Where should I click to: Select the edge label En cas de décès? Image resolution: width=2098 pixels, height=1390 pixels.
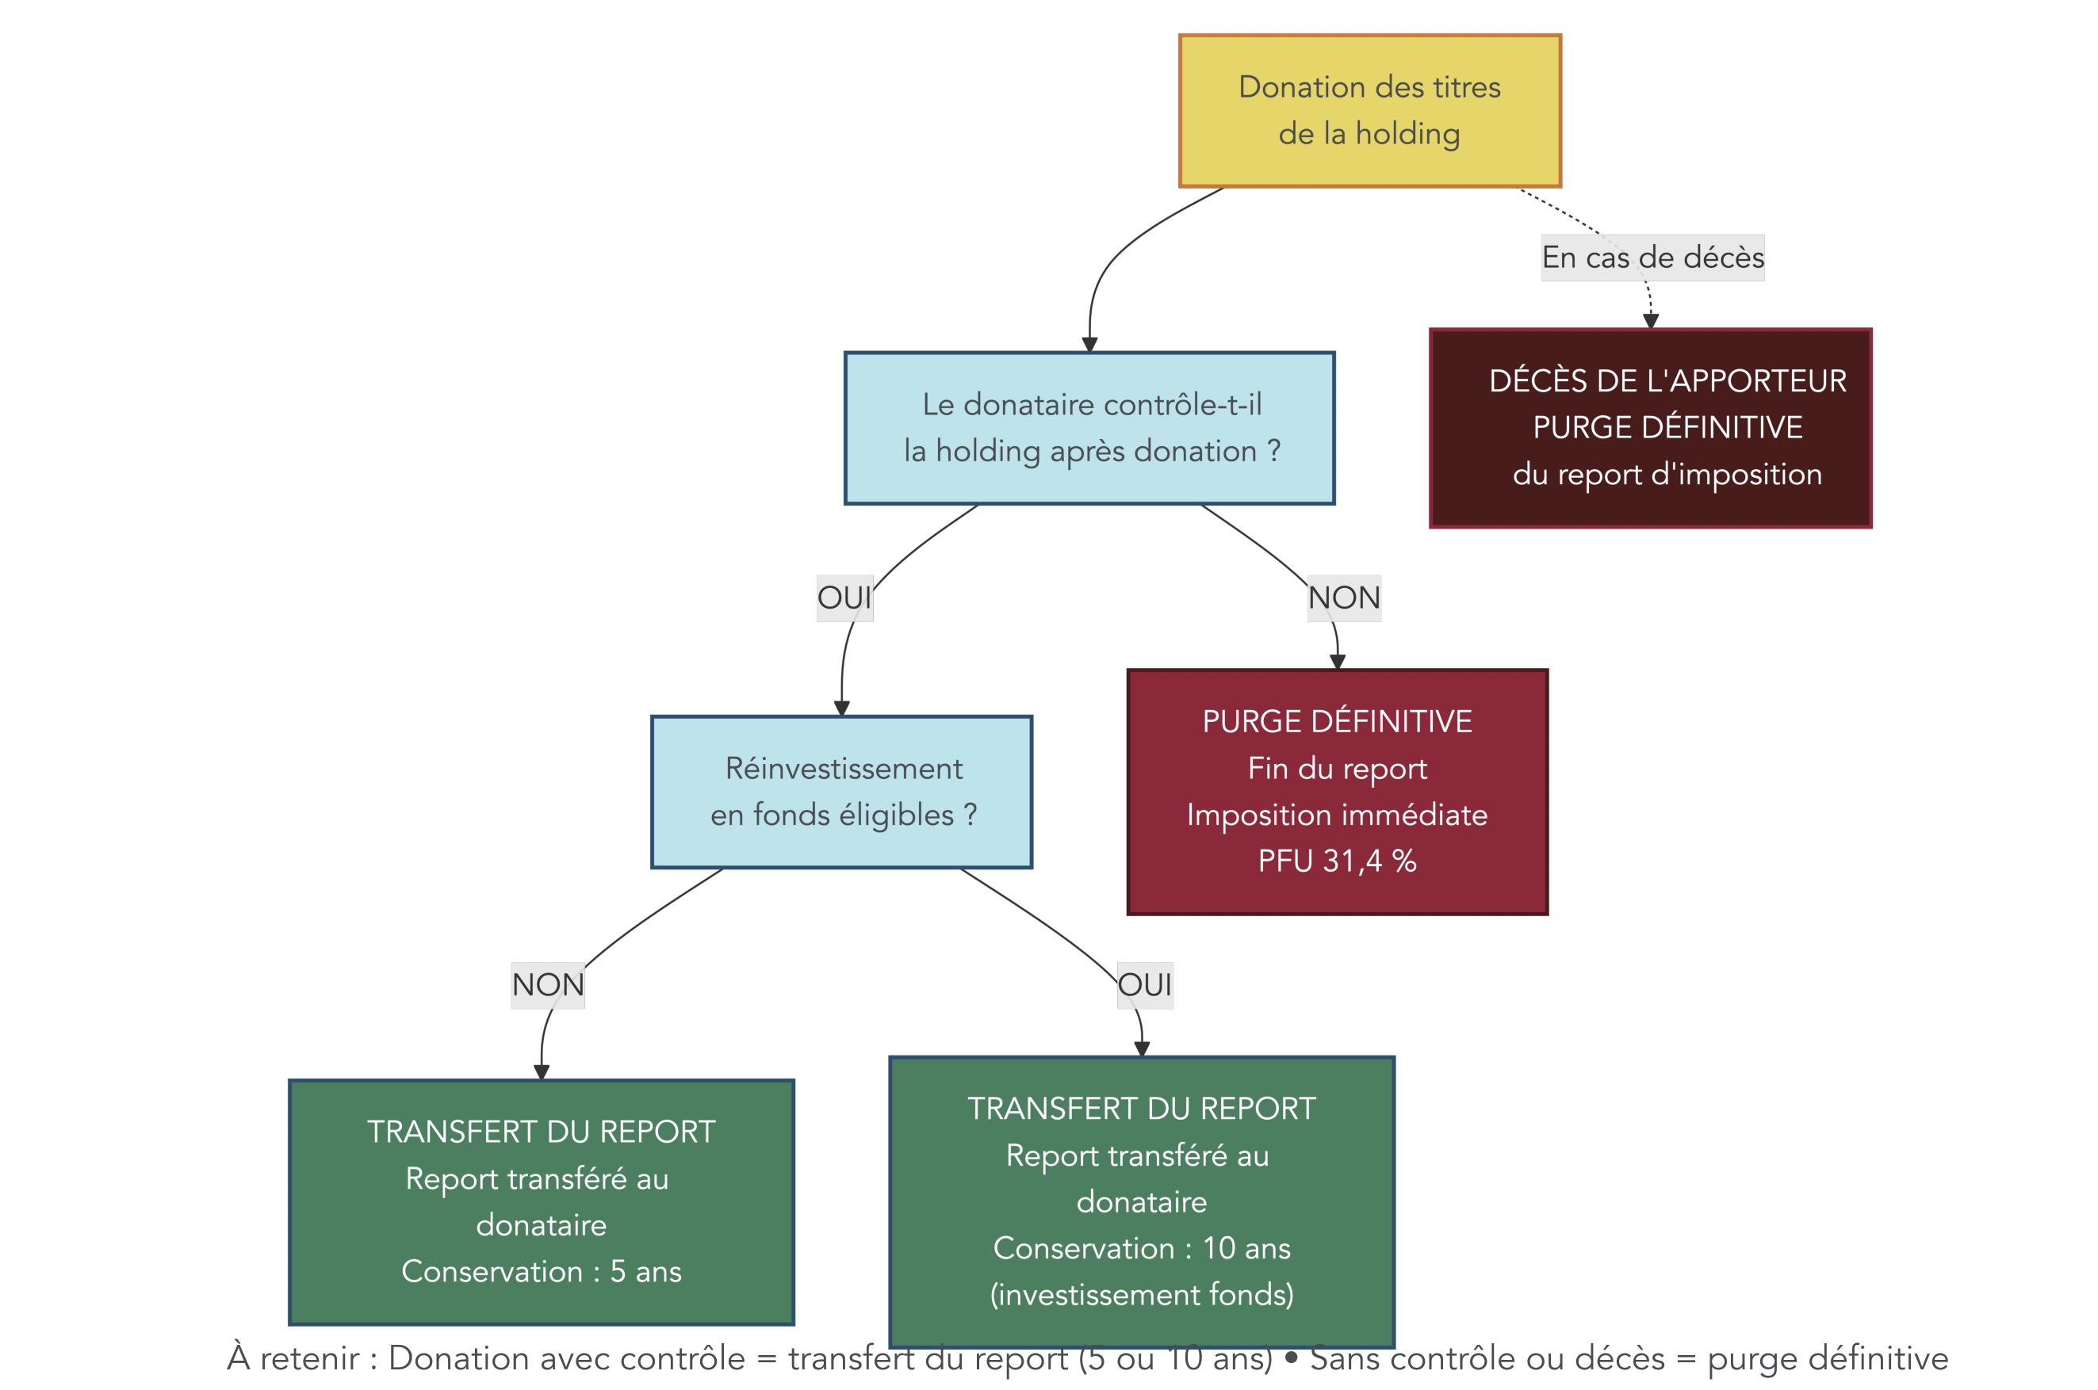(x=1652, y=257)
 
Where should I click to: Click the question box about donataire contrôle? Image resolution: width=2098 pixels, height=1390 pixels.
(x=1089, y=428)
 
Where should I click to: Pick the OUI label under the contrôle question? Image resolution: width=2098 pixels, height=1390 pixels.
(x=844, y=598)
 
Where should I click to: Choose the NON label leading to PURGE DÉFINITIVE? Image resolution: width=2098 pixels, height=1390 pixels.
(x=1343, y=598)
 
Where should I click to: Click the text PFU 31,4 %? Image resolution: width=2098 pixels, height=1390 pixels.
(x=1336, y=861)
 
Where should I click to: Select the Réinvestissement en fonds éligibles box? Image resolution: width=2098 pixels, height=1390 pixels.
(x=841, y=792)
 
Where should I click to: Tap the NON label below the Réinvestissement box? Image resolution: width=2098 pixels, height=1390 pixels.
(x=547, y=985)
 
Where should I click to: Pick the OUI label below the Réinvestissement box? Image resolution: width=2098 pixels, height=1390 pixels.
(x=1144, y=985)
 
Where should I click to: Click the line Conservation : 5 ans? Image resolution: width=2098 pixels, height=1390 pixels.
(x=541, y=1271)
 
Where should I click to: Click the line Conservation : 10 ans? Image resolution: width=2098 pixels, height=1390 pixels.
(x=1141, y=1248)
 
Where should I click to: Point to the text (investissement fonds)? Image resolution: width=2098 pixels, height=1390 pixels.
(x=1141, y=1294)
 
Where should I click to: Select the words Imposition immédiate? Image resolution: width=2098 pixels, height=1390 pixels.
(x=1336, y=815)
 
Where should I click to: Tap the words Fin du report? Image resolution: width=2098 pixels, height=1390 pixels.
(x=1336, y=768)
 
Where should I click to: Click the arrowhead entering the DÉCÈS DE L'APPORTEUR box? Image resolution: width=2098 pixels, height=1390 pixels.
(x=1650, y=321)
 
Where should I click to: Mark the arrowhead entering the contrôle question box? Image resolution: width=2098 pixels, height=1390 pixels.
(x=1089, y=344)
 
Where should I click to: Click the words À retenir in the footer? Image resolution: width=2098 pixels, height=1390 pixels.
(x=293, y=1358)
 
